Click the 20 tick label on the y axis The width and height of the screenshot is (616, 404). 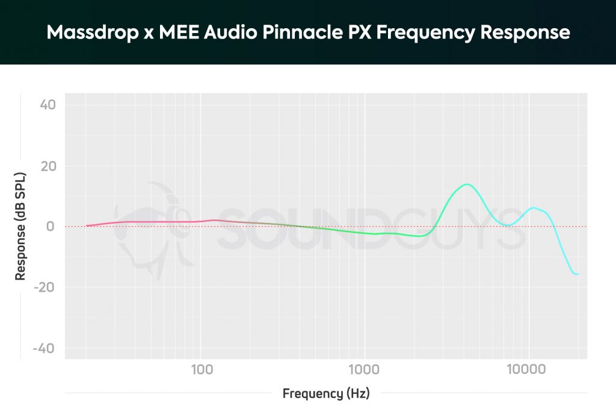(48, 166)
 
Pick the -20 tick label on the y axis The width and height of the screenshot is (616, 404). (46, 287)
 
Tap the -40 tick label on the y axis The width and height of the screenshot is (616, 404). (46, 349)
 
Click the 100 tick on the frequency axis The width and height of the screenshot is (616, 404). (202, 368)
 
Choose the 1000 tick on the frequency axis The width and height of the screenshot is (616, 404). (363, 368)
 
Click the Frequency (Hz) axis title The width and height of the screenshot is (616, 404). (326, 394)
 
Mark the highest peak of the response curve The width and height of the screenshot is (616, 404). (467, 184)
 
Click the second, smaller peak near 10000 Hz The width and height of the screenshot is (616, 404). (534, 207)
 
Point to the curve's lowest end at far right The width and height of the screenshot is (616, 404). (576, 274)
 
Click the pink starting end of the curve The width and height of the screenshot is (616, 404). (88, 225)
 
